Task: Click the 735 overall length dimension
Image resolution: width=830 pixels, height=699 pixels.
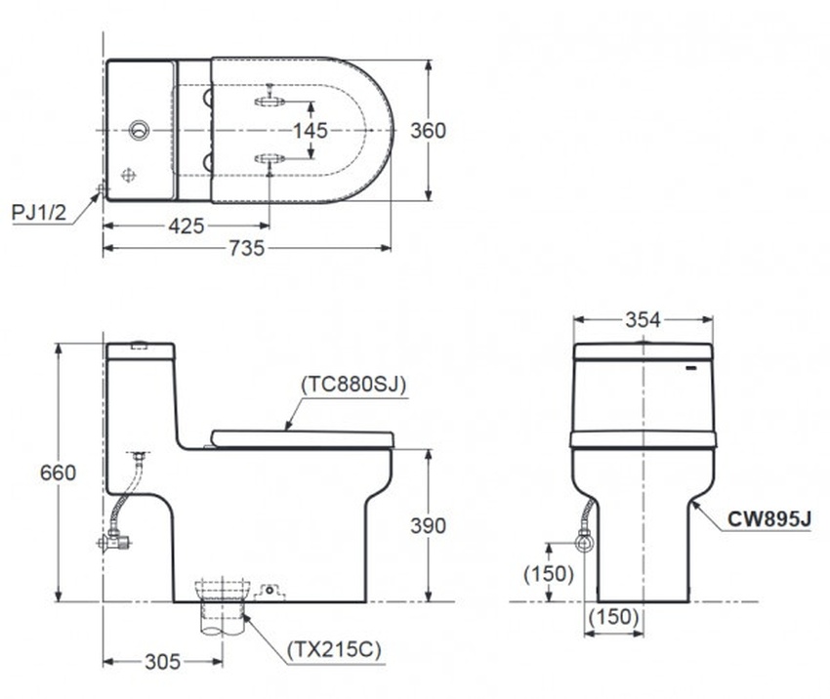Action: [x=247, y=248]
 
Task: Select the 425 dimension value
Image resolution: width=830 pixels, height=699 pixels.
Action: [x=187, y=226]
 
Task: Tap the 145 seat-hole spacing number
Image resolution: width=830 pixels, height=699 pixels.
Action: [x=311, y=130]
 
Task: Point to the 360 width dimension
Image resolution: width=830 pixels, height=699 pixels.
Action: [x=429, y=130]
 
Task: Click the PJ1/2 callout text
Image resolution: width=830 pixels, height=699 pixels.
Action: [x=39, y=212]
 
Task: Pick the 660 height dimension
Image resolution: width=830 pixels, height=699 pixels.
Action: [x=58, y=472]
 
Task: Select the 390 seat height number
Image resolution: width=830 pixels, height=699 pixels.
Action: [x=429, y=525]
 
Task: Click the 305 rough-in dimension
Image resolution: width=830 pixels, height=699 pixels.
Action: [x=163, y=662]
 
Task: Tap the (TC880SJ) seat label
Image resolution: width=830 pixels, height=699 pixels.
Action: [x=353, y=385]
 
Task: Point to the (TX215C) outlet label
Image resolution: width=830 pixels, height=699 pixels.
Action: [x=334, y=649]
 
